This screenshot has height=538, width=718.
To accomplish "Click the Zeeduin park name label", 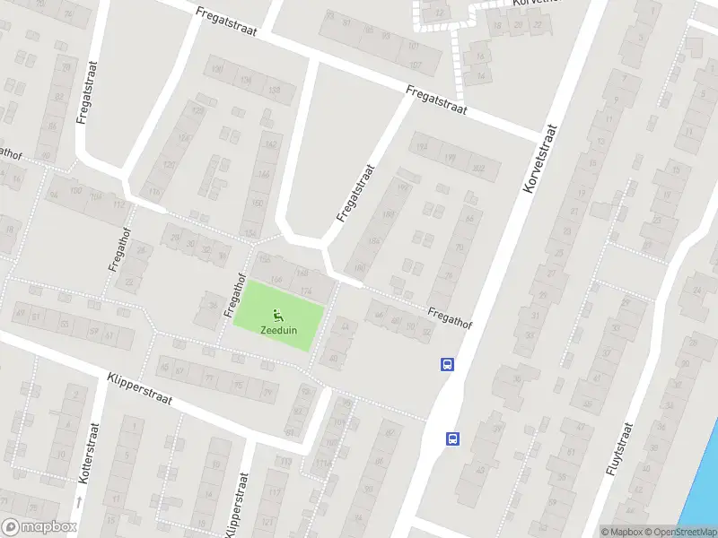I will tap(278, 330).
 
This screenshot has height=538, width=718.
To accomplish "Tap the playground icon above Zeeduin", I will tap(278, 315).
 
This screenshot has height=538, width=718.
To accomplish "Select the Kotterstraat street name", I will tap(86, 456).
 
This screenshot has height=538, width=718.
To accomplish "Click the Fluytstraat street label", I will tap(621, 447).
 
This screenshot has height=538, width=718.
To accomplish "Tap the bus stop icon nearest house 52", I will tap(447, 364).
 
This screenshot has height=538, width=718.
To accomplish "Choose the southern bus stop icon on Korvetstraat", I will tap(453, 438).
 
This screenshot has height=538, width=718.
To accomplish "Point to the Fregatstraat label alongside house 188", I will tap(354, 192).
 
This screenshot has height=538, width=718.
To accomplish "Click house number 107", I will tap(415, 65).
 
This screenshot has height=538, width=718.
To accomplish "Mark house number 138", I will tap(275, 91).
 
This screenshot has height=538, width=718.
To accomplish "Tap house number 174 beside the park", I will tap(306, 291).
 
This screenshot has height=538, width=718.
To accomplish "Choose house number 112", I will tap(118, 204).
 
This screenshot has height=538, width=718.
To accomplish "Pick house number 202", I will tap(479, 168).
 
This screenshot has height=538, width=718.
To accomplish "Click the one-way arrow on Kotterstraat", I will tap(78, 501).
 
